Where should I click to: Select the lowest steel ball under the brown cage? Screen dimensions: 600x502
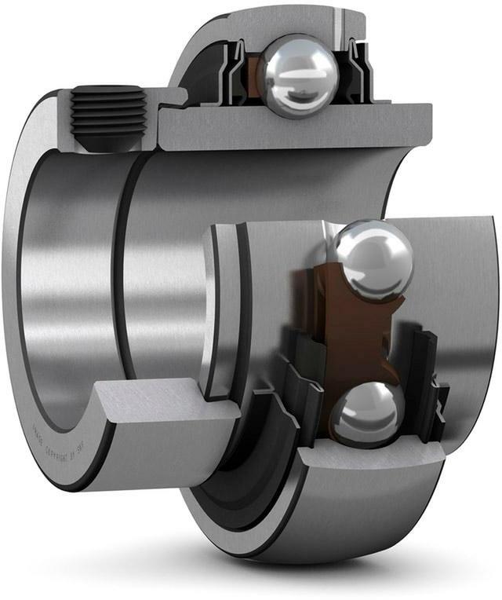pyautogui.click(x=366, y=412)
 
